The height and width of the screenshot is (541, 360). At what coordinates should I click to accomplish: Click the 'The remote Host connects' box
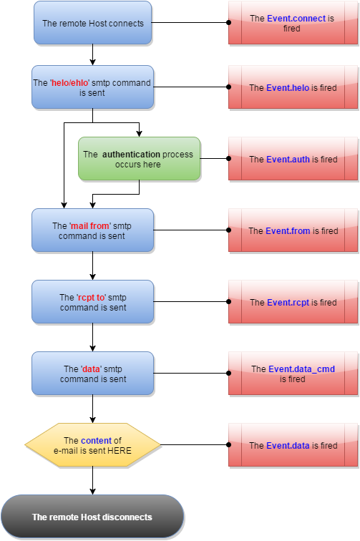click(x=93, y=24)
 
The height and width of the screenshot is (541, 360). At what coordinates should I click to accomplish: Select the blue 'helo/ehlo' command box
click(x=93, y=87)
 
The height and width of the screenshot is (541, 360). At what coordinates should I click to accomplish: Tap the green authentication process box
click(x=139, y=159)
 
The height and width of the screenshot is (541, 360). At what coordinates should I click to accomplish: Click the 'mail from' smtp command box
click(x=93, y=230)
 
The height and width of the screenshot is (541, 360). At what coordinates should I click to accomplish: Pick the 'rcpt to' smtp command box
click(x=93, y=302)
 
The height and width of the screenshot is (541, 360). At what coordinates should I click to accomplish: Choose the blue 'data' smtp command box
click(x=93, y=374)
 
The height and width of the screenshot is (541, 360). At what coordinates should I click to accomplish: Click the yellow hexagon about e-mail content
click(x=93, y=445)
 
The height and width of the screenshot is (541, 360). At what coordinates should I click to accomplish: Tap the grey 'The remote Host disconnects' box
click(x=92, y=517)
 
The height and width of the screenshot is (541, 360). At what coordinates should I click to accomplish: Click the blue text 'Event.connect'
click(x=296, y=19)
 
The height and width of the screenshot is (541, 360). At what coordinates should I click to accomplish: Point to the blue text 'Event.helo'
click(x=288, y=88)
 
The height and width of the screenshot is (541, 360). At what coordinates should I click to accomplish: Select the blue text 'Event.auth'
click(x=288, y=160)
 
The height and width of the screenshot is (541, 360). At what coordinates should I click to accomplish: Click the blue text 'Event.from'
click(x=288, y=231)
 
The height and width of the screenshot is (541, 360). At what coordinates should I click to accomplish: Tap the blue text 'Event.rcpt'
click(x=288, y=303)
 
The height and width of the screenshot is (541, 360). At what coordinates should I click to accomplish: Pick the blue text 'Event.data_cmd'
click(x=301, y=369)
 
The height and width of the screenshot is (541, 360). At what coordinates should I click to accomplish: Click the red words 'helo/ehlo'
click(x=70, y=83)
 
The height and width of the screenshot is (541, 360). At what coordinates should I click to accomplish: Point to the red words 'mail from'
click(x=90, y=226)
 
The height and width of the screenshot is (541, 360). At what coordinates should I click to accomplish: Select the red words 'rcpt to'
click(x=90, y=298)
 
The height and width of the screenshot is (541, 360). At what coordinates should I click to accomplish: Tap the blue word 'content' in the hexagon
click(x=96, y=441)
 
